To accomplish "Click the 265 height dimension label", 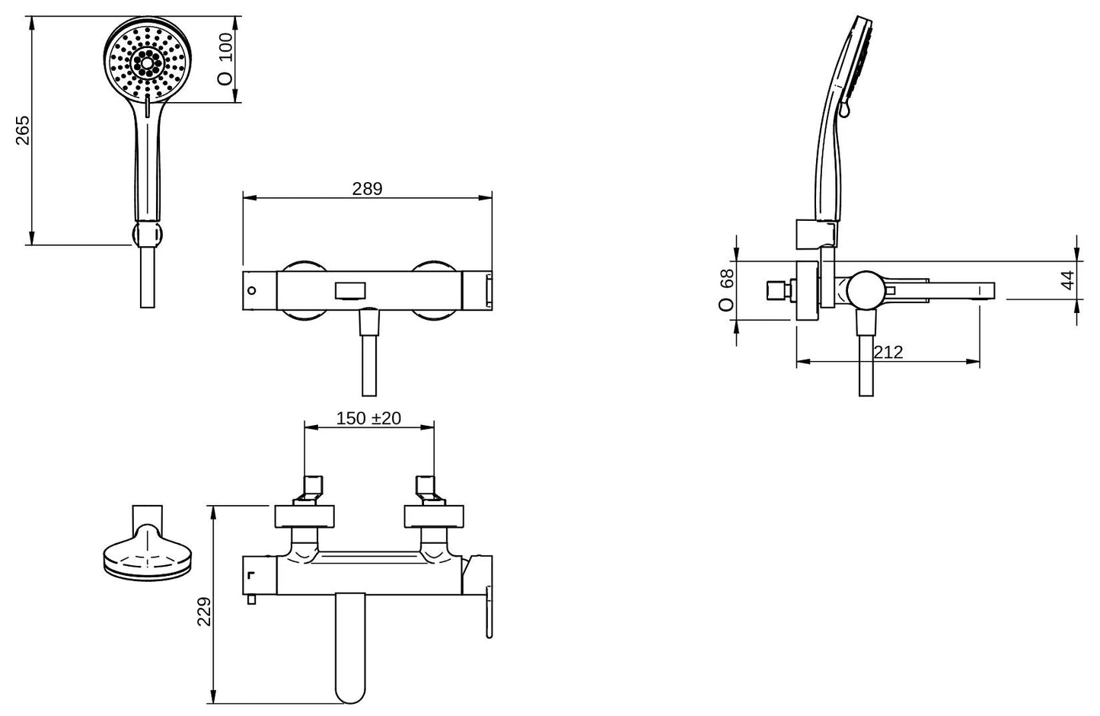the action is (23, 130).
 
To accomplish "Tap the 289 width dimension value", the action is (367, 189).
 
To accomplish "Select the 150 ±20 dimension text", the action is (368, 418).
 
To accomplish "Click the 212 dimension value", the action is (888, 353).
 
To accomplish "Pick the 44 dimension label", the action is (1067, 280).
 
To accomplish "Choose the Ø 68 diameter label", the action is (725, 290).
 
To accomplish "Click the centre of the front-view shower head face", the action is (148, 62).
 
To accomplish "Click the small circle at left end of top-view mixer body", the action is (251, 290).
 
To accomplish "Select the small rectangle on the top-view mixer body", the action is (350, 290).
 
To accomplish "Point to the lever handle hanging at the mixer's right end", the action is (489, 612).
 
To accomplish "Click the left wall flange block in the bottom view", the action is (304, 516).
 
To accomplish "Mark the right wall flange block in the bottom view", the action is (434, 516).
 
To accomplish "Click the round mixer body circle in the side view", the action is (866, 290).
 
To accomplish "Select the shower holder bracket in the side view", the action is (816, 234).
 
